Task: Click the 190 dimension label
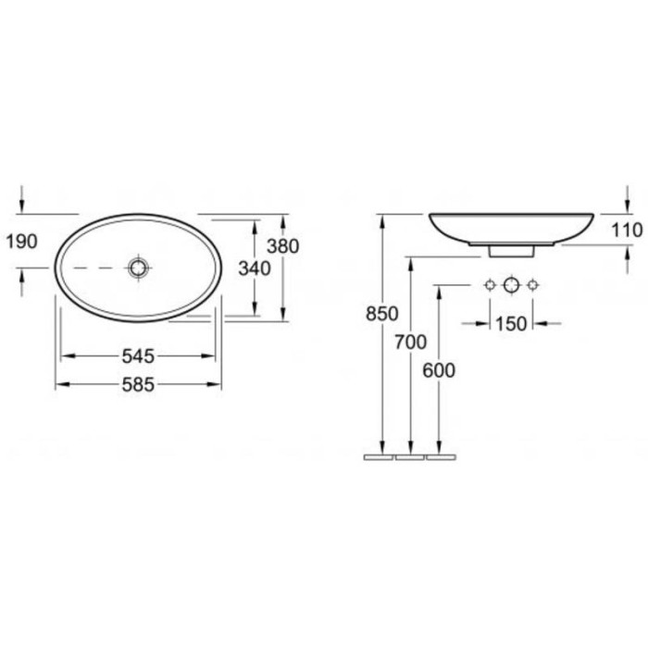[x=22, y=241]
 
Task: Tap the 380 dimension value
[x=282, y=246]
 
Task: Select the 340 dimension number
[x=255, y=268]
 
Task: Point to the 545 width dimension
[x=138, y=356]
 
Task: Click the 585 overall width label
[x=138, y=385]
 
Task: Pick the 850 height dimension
[x=381, y=314]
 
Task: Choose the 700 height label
[x=410, y=343]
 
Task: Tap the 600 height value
[x=439, y=370]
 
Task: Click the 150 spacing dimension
[x=511, y=324]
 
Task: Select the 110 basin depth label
[x=627, y=231]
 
